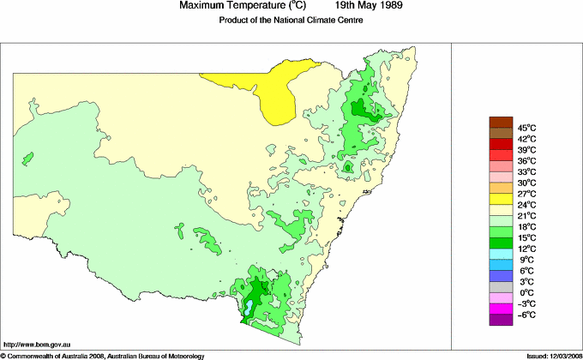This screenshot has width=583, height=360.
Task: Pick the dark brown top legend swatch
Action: click(x=500, y=121)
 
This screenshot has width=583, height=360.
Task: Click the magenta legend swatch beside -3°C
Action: click(x=500, y=309)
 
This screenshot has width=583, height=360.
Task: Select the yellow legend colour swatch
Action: click(x=500, y=198)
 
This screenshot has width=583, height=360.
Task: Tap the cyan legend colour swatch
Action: click(x=500, y=253)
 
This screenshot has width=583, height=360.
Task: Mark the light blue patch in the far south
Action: click(x=248, y=306)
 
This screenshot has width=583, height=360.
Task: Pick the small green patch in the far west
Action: click(x=27, y=159)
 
